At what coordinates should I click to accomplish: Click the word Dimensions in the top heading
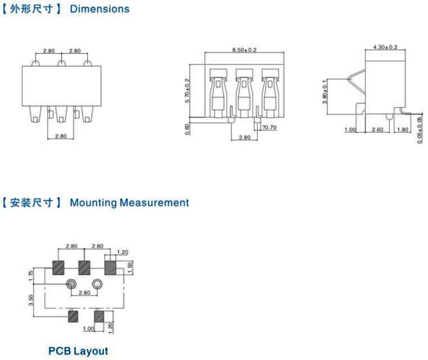coord(99,9)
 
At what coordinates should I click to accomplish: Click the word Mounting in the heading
coord(93,203)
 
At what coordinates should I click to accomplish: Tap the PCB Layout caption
coord(78,351)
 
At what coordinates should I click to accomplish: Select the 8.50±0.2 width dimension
coord(244,50)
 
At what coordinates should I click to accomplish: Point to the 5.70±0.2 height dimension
coord(187,90)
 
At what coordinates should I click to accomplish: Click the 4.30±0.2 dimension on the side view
coord(385,47)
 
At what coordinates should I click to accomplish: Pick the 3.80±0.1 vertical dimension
coord(325,92)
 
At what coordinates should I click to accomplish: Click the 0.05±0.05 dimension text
coord(420,130)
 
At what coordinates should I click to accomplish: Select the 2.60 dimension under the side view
coord(377,130)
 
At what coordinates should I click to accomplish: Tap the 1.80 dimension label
coord(403,130)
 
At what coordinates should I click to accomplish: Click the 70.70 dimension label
coord(269,127)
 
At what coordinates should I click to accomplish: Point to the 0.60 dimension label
coord(187,129)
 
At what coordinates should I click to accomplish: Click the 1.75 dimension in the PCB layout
coord(31,276)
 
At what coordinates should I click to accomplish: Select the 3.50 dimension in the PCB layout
coord(31,300)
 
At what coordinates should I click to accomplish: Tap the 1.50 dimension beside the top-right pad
coord(130,267)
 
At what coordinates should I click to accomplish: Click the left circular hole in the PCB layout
coord(71,284)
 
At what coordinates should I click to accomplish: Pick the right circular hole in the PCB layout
coord(97,284)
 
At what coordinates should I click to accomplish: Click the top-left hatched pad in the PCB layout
coord(58,268)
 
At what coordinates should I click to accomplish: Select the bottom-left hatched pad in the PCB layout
coord(73,317)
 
